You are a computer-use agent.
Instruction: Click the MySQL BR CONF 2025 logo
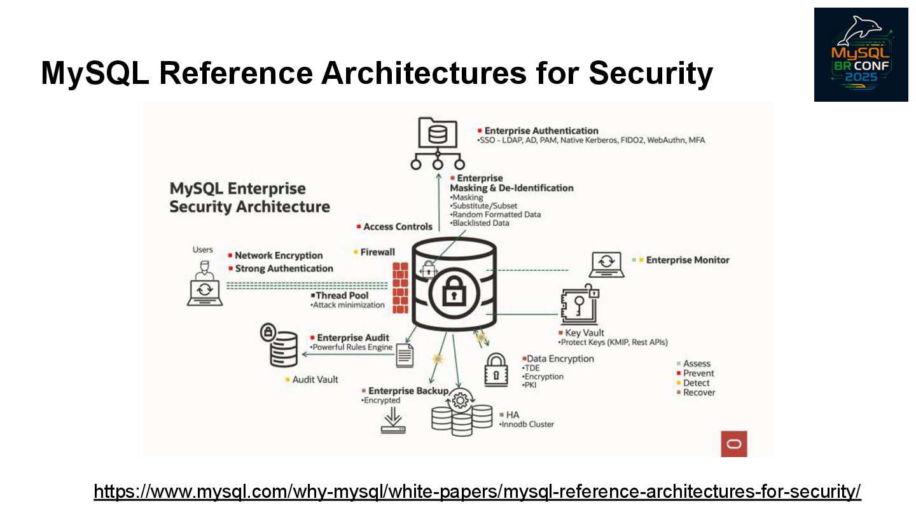[x=861, y=54]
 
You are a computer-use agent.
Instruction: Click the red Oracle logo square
[x=733, y=443]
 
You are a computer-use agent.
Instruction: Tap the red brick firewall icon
[x=400, y=287]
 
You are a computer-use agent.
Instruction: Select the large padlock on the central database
[x=453, y=294]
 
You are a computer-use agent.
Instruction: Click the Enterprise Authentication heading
[x=541, y=131]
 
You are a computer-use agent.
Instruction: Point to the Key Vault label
[x=585, y=333]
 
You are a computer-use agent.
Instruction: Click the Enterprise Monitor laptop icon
[x=606, y=264]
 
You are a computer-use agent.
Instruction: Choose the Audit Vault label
[x=315, y=380]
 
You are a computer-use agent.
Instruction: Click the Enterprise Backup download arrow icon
[x=393, y=421]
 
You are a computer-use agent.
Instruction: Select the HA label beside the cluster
[x=513, y=415]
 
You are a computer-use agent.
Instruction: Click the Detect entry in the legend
[x=696, y=383]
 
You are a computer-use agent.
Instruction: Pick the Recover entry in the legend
[x=699, y=392]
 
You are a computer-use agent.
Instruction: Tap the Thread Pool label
[x=342, y=296]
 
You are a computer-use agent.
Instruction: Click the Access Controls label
[x=398, y=226]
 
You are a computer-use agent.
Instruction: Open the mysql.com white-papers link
[x=477, y=491]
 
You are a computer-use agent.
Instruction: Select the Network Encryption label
[x=279, y=256]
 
